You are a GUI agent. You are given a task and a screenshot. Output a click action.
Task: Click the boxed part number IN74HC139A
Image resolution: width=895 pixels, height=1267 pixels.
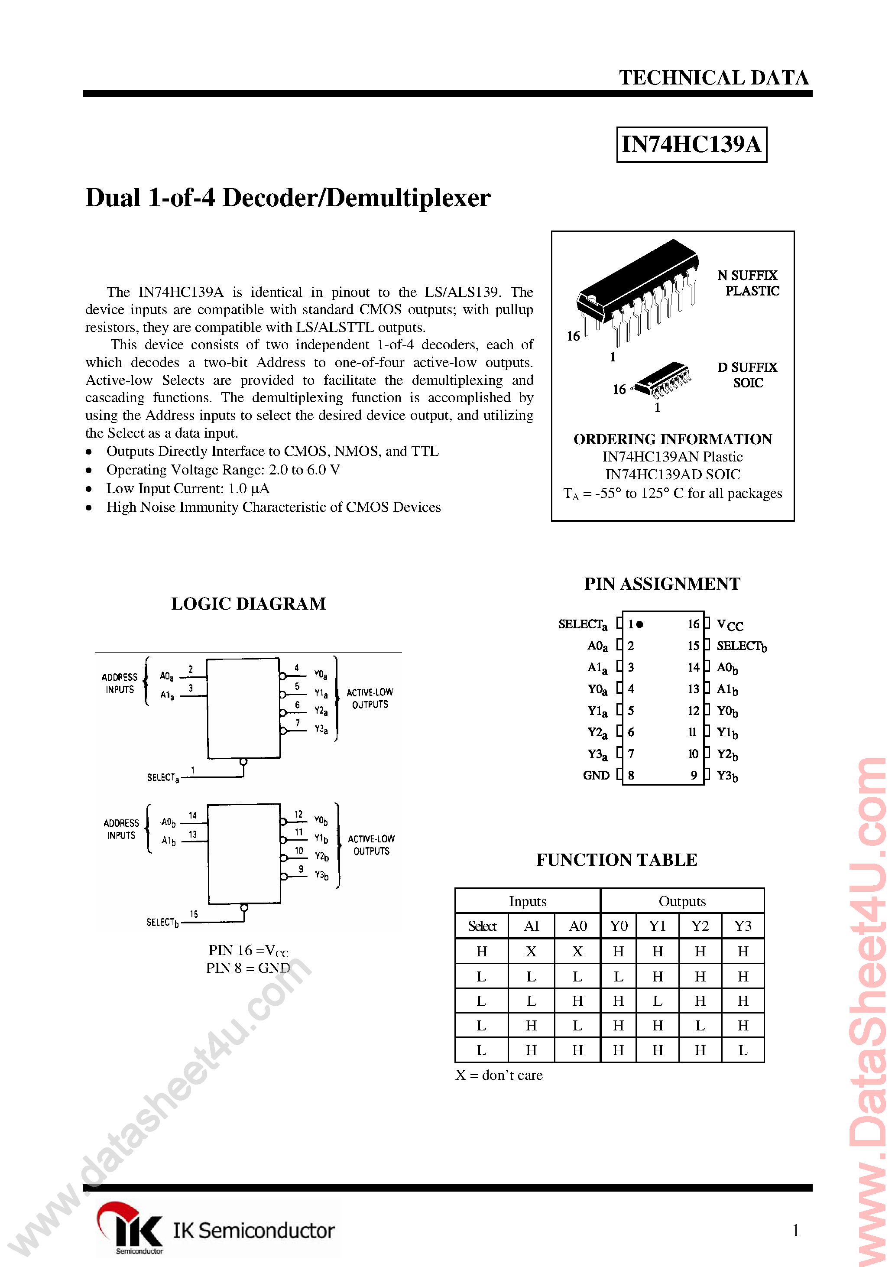coord(691,145)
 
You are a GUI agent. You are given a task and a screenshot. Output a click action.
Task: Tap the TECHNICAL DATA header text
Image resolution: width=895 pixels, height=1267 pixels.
coord(713,78)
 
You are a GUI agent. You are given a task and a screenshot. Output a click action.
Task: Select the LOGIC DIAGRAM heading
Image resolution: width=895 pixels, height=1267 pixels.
coord(248,604)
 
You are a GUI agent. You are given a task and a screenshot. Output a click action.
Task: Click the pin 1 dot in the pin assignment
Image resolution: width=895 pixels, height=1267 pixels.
coord(640,624)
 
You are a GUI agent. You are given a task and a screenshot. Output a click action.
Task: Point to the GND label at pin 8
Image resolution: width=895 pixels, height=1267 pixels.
coord(596,775)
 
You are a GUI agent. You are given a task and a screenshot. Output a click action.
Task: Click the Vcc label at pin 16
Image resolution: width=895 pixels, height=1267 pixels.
coord(730,625)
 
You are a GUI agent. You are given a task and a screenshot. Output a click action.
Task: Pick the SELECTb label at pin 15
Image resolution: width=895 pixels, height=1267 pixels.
coord(741,646)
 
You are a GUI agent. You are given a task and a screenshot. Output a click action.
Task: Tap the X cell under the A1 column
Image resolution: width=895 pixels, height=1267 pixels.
coord(531,952)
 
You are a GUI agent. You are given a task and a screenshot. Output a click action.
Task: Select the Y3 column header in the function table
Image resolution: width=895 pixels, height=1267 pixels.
coord(743,926)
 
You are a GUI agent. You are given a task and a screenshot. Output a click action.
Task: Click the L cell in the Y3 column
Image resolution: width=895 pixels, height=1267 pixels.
coord(743,1050)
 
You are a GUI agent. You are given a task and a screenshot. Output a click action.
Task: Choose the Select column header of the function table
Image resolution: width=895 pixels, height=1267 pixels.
coord(482,926)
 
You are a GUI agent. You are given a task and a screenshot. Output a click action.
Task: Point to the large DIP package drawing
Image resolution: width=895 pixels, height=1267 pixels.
coord(637,290)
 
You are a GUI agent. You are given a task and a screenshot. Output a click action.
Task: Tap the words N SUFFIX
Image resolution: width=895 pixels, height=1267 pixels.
coord(747,275)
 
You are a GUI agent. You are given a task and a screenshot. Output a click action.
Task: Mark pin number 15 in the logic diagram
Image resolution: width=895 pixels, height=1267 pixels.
coord(194,914)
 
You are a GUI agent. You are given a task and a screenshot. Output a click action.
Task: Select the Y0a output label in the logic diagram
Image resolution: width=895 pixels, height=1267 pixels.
coord(321,674)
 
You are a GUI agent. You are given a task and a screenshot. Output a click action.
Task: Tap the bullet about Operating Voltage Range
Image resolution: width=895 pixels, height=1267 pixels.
coord(223,470)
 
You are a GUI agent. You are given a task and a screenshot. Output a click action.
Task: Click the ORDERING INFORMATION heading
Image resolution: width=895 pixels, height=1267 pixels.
coord(673,439)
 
